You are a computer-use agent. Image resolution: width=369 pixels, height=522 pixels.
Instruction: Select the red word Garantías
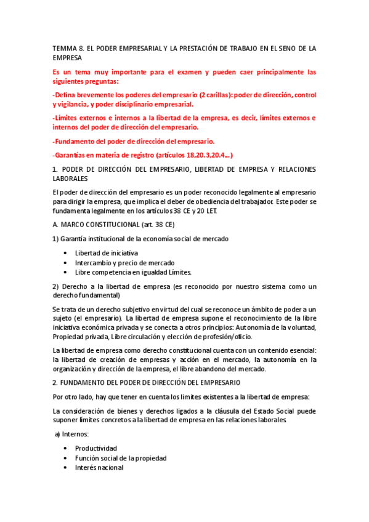coord(72,155)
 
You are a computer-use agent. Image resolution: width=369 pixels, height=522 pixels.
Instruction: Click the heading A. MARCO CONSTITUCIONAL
coord(92,225)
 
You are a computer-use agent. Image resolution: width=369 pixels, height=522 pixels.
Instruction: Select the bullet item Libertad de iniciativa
coord(106,253)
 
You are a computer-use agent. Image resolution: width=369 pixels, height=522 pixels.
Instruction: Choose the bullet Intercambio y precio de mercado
coord(124,262)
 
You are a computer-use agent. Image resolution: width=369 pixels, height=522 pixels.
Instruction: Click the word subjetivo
coord(133,309)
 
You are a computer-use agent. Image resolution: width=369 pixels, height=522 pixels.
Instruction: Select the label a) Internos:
coord(72,434)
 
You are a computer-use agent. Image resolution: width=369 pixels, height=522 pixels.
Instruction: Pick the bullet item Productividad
coord(95,448)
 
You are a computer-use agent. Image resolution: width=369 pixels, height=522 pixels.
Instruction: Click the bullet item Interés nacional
coord(99,467)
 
